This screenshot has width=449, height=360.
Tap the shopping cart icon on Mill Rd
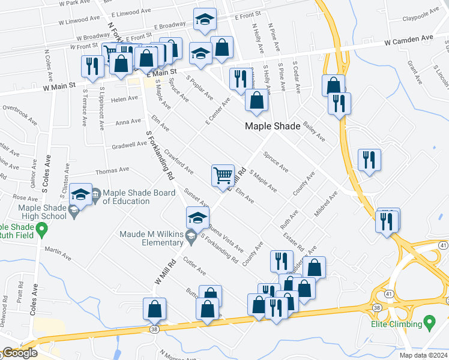point(223,175)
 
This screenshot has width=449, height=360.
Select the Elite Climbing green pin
point(429,324)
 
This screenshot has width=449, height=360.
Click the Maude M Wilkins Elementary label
point(142,238)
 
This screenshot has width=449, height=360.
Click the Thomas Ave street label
point(112,170)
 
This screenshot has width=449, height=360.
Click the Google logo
point(19,353)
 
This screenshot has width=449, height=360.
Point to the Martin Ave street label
point(58,253)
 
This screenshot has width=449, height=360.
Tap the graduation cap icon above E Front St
point(205,20)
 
